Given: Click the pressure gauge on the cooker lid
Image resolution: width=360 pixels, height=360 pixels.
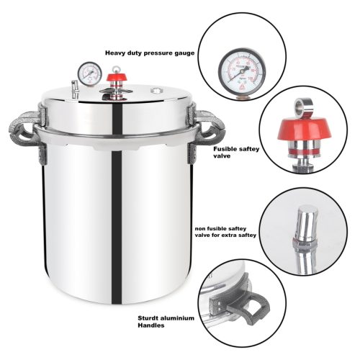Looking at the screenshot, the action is pos(90,74).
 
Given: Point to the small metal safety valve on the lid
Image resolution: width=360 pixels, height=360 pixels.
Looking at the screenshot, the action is pos(75,89).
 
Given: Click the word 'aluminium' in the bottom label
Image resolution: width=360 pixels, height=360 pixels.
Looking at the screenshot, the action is pos(180,318).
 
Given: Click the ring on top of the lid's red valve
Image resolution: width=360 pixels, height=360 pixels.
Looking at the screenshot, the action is pos(117,69).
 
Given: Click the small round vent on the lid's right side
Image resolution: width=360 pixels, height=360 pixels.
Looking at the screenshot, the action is pos(156,91).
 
